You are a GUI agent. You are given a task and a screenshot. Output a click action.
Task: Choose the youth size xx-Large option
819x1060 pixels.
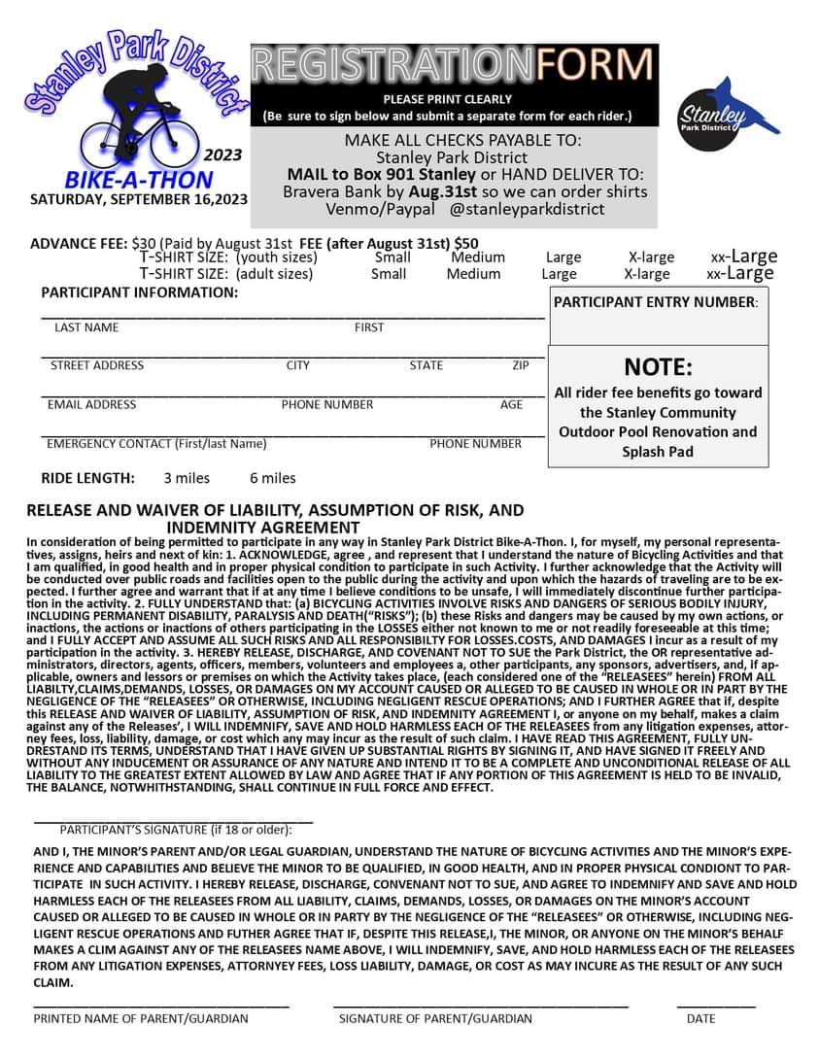(x=743, y=256)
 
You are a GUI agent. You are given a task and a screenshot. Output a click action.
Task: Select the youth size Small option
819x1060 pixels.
(x=392, y=257)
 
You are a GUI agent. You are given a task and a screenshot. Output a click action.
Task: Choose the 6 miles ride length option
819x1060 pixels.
(x=272, y=478)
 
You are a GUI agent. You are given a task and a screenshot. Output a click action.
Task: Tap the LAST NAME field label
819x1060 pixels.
(x=86, y=327)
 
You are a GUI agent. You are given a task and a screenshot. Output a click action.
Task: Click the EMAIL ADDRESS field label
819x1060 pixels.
(x=91, y=404)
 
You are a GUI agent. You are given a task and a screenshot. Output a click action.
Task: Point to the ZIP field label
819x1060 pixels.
(x=521, y=365)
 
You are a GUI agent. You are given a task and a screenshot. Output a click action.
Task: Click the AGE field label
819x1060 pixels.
(x=511, y=404)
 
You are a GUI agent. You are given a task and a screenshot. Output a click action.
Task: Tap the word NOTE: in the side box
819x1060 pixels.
(x=658, y=367)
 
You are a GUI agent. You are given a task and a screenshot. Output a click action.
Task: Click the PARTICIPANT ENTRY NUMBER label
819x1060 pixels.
(x=655, y=302)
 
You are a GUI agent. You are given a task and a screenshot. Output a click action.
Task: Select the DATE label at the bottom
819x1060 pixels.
(x=700, y=1018)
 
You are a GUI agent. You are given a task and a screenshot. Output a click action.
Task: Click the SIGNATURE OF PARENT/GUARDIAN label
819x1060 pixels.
(x=435, y=1018)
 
